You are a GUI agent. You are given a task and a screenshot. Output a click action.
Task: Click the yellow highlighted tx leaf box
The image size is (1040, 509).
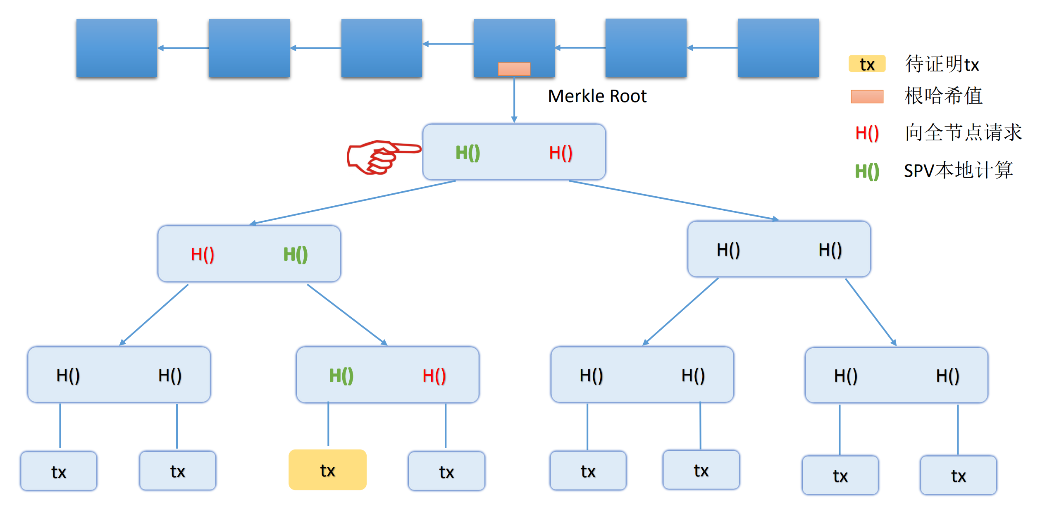pyautogui.click(x=327, y=470)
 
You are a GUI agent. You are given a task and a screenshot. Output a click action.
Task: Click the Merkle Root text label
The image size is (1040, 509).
pyautogui.click(x=597, y=96)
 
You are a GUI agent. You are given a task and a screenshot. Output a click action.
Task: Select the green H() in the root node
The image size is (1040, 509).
pyautogui.click(x=468, y=153)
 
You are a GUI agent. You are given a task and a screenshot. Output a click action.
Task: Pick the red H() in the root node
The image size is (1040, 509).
pyautogui.click(x=561, y=153)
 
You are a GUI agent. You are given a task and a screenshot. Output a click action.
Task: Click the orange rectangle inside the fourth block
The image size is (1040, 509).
pyautogui.click(x=514, y=69)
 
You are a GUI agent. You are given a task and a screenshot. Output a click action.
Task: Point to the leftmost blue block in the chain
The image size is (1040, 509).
pyautogui.click(x=117, y=48)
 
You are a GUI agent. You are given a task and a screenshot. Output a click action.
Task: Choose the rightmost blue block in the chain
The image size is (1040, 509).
pyautogui.click(x=778, y=48)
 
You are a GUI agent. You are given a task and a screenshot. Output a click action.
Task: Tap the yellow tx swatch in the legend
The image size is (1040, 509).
pyautogui.click(x=867, y=64)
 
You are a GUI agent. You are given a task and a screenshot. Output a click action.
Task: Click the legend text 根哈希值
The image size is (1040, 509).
pyautogui.click(x=943, y=96)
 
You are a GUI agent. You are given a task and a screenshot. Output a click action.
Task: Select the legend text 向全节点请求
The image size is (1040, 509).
pyautogui.click(x=963, y=132)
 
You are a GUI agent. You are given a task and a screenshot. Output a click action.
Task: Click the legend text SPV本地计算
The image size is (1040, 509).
pyautogui.click(x=958, y=170)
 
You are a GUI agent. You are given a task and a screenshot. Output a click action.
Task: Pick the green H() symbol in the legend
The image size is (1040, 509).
pyautogui.click(x=867, y=171)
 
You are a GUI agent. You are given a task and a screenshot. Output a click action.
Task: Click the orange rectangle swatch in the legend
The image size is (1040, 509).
pyautogui.click(x=867, y=97)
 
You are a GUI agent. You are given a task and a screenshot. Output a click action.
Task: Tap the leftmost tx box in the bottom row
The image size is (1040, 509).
pyautogui.click(x=59, y=471)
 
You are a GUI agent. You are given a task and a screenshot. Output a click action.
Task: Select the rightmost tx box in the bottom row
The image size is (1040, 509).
pyautogui.click(x=958, y=475)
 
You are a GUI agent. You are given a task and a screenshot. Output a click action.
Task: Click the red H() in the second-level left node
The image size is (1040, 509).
pyautogui.click(x=203, y=254)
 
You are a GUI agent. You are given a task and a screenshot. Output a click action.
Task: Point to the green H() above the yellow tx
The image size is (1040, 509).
pyautogui.click(x=341, y=376)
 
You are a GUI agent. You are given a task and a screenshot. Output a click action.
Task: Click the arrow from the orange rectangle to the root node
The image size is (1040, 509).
pyautogui.click(x=514, y=99)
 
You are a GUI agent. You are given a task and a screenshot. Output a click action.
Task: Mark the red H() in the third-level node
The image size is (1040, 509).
pyautogui.click(x=434, y=376)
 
